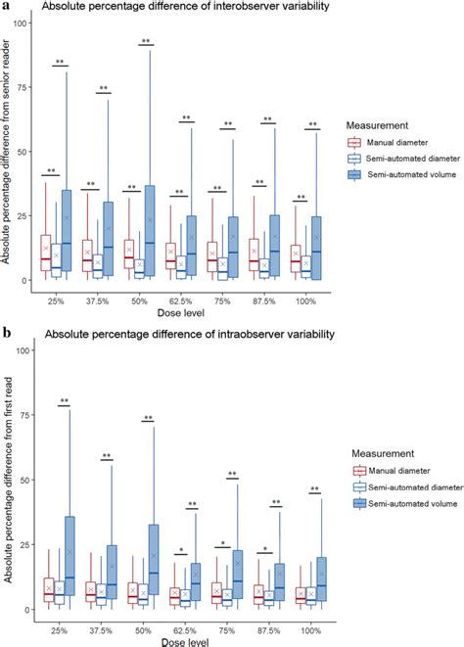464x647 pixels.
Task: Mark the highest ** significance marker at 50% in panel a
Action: pyautogui.click(x=147, y=41)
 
